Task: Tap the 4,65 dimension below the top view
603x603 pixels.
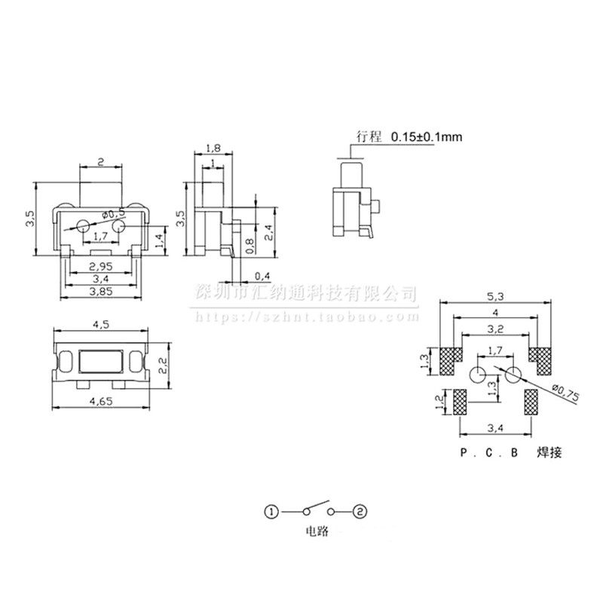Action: (x=101, y=403)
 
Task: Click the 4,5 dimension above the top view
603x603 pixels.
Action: (x=100, y=326)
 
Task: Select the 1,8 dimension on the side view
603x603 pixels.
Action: (x=213, y=149)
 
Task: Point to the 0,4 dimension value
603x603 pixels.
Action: (x=263, y=275)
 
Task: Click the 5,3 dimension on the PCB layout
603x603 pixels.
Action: (x=494, y=296)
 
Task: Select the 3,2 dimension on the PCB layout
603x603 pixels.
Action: (x=494, y=329)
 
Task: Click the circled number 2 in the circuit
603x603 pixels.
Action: (x=360, y=512)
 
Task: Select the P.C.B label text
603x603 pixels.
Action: (x=489, y=453)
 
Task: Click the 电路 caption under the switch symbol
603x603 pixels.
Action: (x=315, y=531)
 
